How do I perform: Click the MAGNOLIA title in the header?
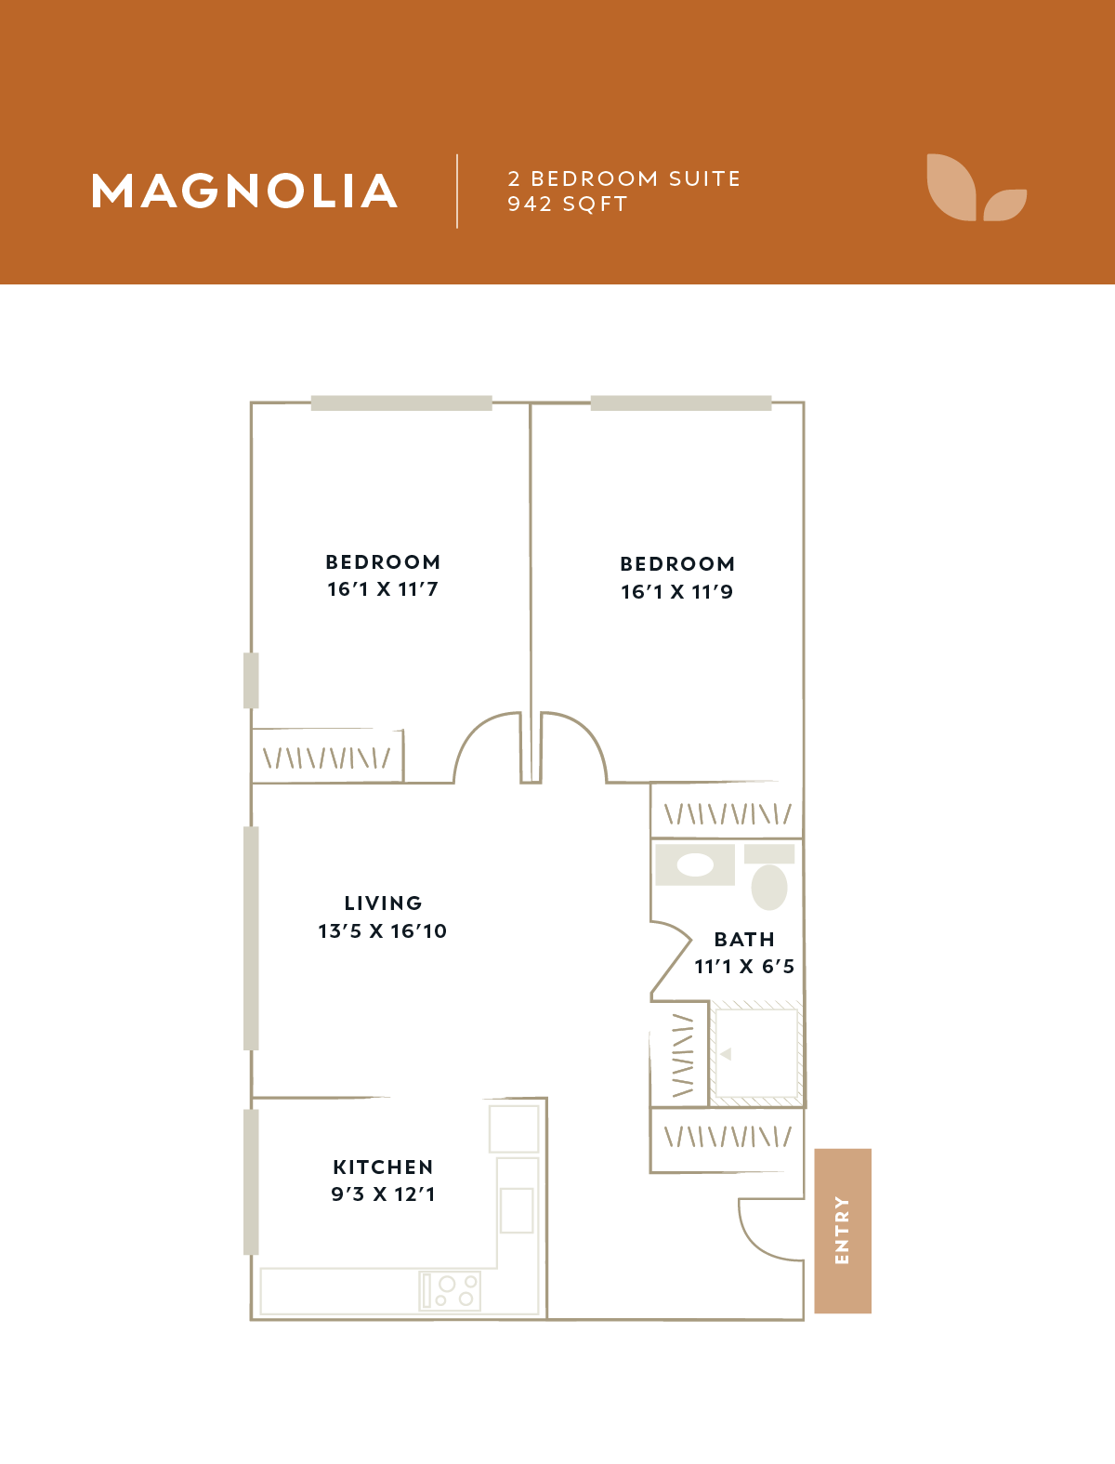244,191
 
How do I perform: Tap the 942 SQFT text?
568,204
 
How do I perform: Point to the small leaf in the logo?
1005,204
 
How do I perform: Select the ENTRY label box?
843,1231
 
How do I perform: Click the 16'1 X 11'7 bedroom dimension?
383,589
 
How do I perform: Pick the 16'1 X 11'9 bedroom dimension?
677,591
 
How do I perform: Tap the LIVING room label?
383,903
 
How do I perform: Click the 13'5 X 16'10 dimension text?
383,931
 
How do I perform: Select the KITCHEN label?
383,1167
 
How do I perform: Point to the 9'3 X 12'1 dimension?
383,1194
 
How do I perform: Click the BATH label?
744,939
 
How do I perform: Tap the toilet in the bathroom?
769,877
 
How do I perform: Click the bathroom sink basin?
695,865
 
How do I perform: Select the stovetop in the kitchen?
450,1291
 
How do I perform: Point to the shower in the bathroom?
755,1053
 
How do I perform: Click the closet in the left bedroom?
327,756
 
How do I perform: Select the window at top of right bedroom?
680,402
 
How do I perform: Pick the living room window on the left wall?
251,939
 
